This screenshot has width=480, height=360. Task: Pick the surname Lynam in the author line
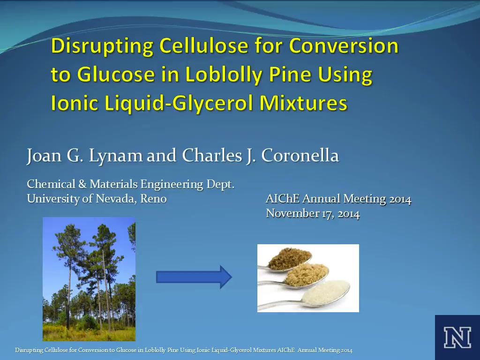[x=115, y=156]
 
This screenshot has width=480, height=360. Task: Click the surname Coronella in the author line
[x=300, y=155]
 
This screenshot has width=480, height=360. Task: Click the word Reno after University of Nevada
[x=153, y=199]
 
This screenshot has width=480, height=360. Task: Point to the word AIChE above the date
[x=282, y=199]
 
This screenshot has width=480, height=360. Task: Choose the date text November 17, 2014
[x=313, y=213]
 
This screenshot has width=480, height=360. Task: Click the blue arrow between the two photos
[x=194, y=277]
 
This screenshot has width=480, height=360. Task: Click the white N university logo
[x=457, y=337]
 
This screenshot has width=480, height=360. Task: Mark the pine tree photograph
[x=89, y=279]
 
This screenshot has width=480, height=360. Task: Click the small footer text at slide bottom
[x=184, y=350]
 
